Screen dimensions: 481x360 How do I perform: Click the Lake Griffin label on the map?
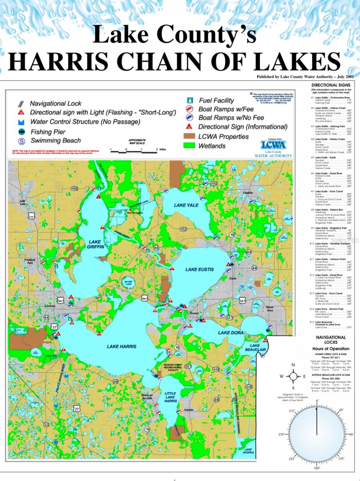96,245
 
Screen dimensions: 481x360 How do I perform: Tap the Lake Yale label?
186,205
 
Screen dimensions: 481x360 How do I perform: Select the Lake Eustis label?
199,270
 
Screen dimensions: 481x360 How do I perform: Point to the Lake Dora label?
229,333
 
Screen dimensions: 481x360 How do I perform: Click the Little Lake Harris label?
170,397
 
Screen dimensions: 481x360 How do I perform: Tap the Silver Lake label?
128,282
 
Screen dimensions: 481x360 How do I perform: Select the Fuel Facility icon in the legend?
190,100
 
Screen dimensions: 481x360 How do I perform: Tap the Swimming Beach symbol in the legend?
22,141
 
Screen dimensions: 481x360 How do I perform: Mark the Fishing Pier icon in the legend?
22,131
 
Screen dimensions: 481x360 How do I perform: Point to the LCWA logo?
273,145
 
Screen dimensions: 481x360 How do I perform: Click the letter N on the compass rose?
293,365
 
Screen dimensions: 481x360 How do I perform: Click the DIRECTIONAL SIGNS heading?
331,85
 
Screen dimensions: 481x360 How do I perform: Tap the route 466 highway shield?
75,188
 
